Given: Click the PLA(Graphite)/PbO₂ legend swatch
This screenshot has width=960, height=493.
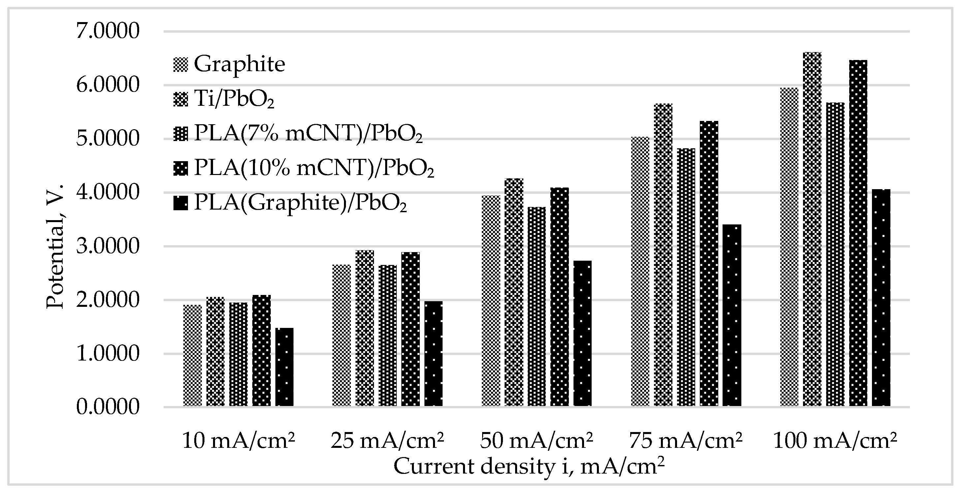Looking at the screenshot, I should pyautogui.click(x=180, y=203).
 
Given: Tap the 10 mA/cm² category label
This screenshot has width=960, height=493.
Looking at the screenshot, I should pyautogui.click(x=238, y=441).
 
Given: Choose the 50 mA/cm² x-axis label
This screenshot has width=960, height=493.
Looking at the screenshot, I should pyautogui.click(x=536, y=441).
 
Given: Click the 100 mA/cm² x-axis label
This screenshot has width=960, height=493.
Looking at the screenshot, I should pyautogui.click(x=835, y=441).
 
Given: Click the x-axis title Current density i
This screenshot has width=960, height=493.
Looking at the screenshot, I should pyautogui.click(x=529, y=467).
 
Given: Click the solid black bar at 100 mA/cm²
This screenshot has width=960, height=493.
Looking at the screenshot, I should pyautogui.click(x=881, y=298).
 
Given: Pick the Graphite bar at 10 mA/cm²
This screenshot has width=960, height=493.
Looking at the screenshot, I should pyautogui.click(x=192, y=356).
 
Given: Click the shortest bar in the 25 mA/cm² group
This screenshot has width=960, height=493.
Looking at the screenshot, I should pyautogui.click(x=433, y=354).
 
